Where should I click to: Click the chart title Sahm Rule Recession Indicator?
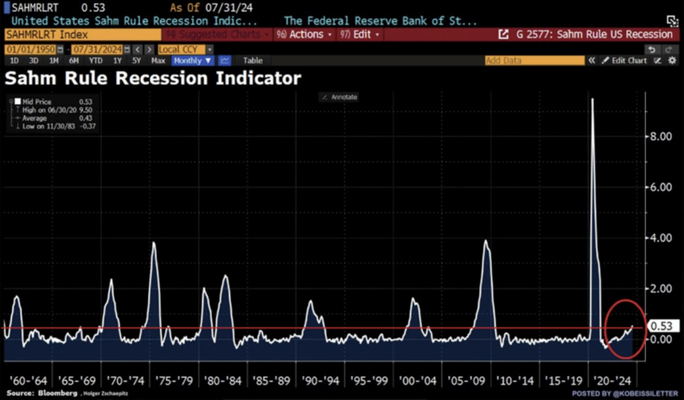(153, 79)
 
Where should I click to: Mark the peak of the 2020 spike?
(592, 99)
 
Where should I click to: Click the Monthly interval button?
(192, 61)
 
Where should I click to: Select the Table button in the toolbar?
(252, 61)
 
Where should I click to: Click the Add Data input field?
(534, 61)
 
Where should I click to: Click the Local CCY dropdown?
(185, 49)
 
